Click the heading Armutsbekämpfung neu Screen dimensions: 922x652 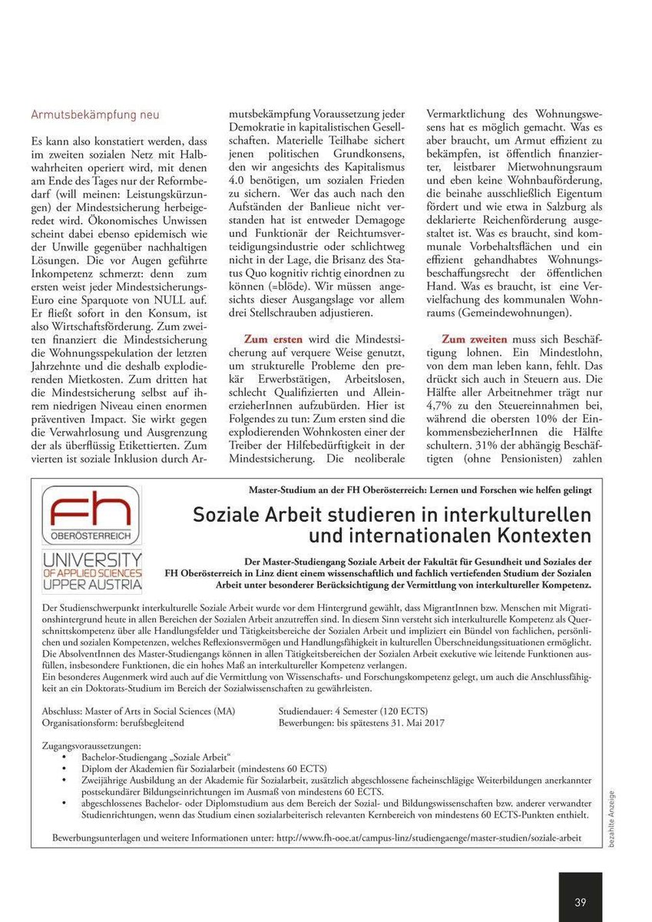[x=95, y=115]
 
